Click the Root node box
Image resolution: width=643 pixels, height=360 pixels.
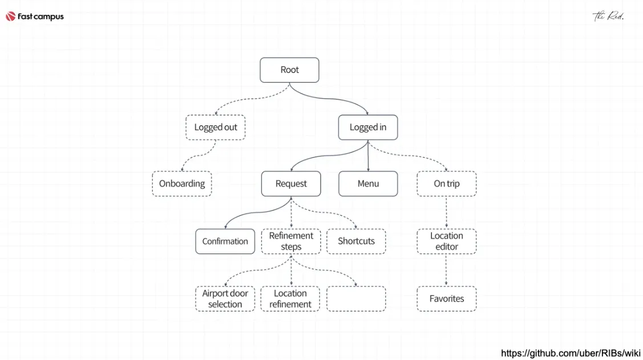pyautogui.click(x=289, y=70)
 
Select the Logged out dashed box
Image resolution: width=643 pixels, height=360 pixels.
pyautogui.click(x=215, y=127)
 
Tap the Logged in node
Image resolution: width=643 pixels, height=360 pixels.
pyautogui.click(x=367, y=127)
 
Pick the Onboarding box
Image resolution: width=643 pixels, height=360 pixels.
pyautogui.click(x=181, y=184)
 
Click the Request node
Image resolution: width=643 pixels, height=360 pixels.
pyautogui.click(x=291, y=184)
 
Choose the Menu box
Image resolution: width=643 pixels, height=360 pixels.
pyautogui.click(x=368, y=184)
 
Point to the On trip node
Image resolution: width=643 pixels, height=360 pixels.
pyautogui.click(x=446, y=184)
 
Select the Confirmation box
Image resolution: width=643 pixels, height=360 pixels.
pyautogui.click(x=225, y=241)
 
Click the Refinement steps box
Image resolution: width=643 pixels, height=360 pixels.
pyautogui.click(x=291, y=241)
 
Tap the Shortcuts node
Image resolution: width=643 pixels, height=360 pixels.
pyautogui.click(x=356, y=241)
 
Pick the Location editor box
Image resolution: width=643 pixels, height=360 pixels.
pyautogui.click(x=446, y=241)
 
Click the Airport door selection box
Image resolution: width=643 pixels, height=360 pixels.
pyautogui.click(x=225, y=298)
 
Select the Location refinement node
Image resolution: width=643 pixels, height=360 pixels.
pyautogui.click(x=290, y=298)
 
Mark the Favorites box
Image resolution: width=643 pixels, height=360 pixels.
pyautogui.click(x=446, y=298)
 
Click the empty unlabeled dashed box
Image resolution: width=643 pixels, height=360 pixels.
pyautogui.click(x=356, y=298)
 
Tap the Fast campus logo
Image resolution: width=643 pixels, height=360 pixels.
pyautogui.click(x=35, y=17)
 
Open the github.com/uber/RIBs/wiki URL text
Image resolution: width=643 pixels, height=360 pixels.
pyautogui.click(x=570, y=353)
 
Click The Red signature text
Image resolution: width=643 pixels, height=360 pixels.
pyautogui.click(x=608, y=16)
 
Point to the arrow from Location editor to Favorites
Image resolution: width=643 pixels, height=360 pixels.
pyautogui.click(x=446, y=270)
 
